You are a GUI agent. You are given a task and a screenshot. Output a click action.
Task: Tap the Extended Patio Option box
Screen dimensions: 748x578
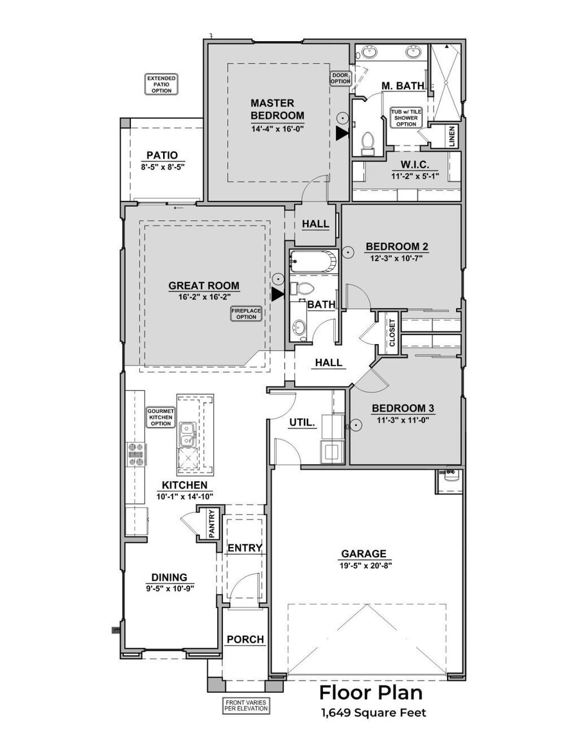click(x=161, y=85)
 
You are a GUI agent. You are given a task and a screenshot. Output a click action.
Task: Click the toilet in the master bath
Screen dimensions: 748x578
click(x=368, y=143)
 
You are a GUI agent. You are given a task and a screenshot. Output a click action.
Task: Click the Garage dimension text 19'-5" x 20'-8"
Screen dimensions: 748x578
click(x=363, y=566)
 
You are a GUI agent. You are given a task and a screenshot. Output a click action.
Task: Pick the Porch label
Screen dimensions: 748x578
click(x=245, y=639)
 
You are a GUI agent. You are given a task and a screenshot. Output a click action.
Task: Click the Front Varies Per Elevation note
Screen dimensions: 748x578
click(x=246, y=706)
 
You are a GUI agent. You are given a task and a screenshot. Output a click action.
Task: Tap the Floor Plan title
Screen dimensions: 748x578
click(x=371, y=693)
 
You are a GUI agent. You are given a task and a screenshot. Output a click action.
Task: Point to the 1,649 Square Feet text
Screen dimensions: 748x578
click(x=372, y=713)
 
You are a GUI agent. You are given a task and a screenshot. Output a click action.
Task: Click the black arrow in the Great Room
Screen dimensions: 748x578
click(x=277, y=294)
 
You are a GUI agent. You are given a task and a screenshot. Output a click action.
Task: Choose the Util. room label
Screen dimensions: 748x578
click(x=301, y=422)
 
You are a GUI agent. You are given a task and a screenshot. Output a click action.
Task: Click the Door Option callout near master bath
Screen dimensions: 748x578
click(x=340, y=79)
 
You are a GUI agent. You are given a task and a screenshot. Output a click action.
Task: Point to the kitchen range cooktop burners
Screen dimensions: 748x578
click(x=136, y=454)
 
